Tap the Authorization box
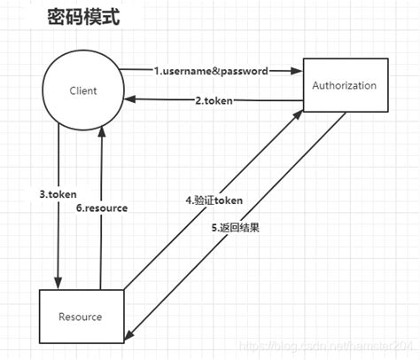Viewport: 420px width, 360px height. click(x=345, y=87)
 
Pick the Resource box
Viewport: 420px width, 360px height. click(x=81, y=315)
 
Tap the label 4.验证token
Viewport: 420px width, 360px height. click(x=214, y=200)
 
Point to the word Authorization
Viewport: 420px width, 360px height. click(x=345, y=86)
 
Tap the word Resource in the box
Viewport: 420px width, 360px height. click(x=81, y=317)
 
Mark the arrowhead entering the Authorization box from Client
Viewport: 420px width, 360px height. click(x=299, y=69)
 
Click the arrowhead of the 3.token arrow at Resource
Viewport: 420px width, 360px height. click(x=58, y=284)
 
